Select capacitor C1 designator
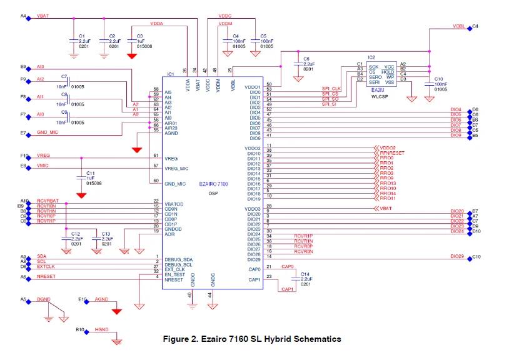click(x=82, y=36)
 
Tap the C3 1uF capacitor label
click(x=139, y=36)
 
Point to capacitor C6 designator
click(x=306, y=59)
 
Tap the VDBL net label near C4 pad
click(x=458, y=27)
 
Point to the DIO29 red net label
click(x=456, y=256)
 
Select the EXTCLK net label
click(x=46, y=266)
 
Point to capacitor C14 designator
click(x=305, y=274)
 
